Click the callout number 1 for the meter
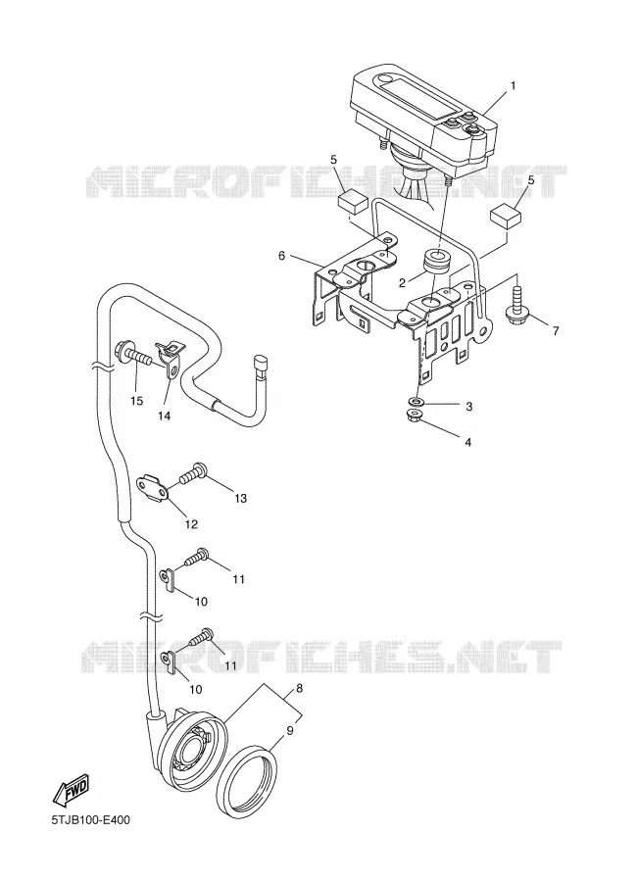click(513, 86)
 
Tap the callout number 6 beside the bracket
click(281, 256)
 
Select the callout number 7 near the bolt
click(556, 331)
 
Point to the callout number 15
click(137, 401)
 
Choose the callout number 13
click(241, 499)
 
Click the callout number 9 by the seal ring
click(290, 731)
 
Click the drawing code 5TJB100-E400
click(90, 820)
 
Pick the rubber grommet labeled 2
click(435, 261)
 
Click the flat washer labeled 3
click(417, 402)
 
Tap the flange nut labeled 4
click(416, 416)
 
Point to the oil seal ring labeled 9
click(249, 779)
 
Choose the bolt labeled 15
click(133, 355)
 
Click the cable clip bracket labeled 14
click(169, 359)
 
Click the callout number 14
click(165, 416)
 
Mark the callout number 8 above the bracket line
click(299, 688)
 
